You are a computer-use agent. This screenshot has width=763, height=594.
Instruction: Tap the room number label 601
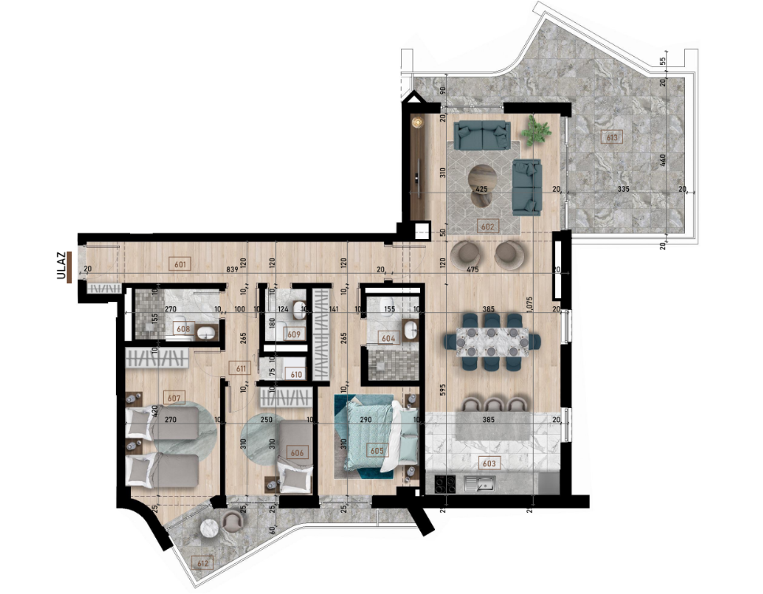(x=180, y=264)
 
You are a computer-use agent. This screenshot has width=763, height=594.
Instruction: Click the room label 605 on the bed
(x=377, y=450)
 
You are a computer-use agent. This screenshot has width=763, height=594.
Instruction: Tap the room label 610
(x=297, y=375)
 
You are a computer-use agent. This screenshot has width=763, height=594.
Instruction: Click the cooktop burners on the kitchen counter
(x=442, y=483)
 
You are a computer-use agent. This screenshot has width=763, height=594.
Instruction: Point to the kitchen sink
(x=482, y=483)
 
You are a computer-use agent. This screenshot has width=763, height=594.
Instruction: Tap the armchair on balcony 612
(x=232, y=522)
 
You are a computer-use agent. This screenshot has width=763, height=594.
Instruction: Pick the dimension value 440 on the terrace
(x=664, y=159)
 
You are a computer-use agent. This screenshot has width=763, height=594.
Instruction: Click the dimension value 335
(x=623, y=189)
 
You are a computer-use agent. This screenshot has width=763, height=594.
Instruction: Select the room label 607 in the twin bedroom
(x=173, y=397)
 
